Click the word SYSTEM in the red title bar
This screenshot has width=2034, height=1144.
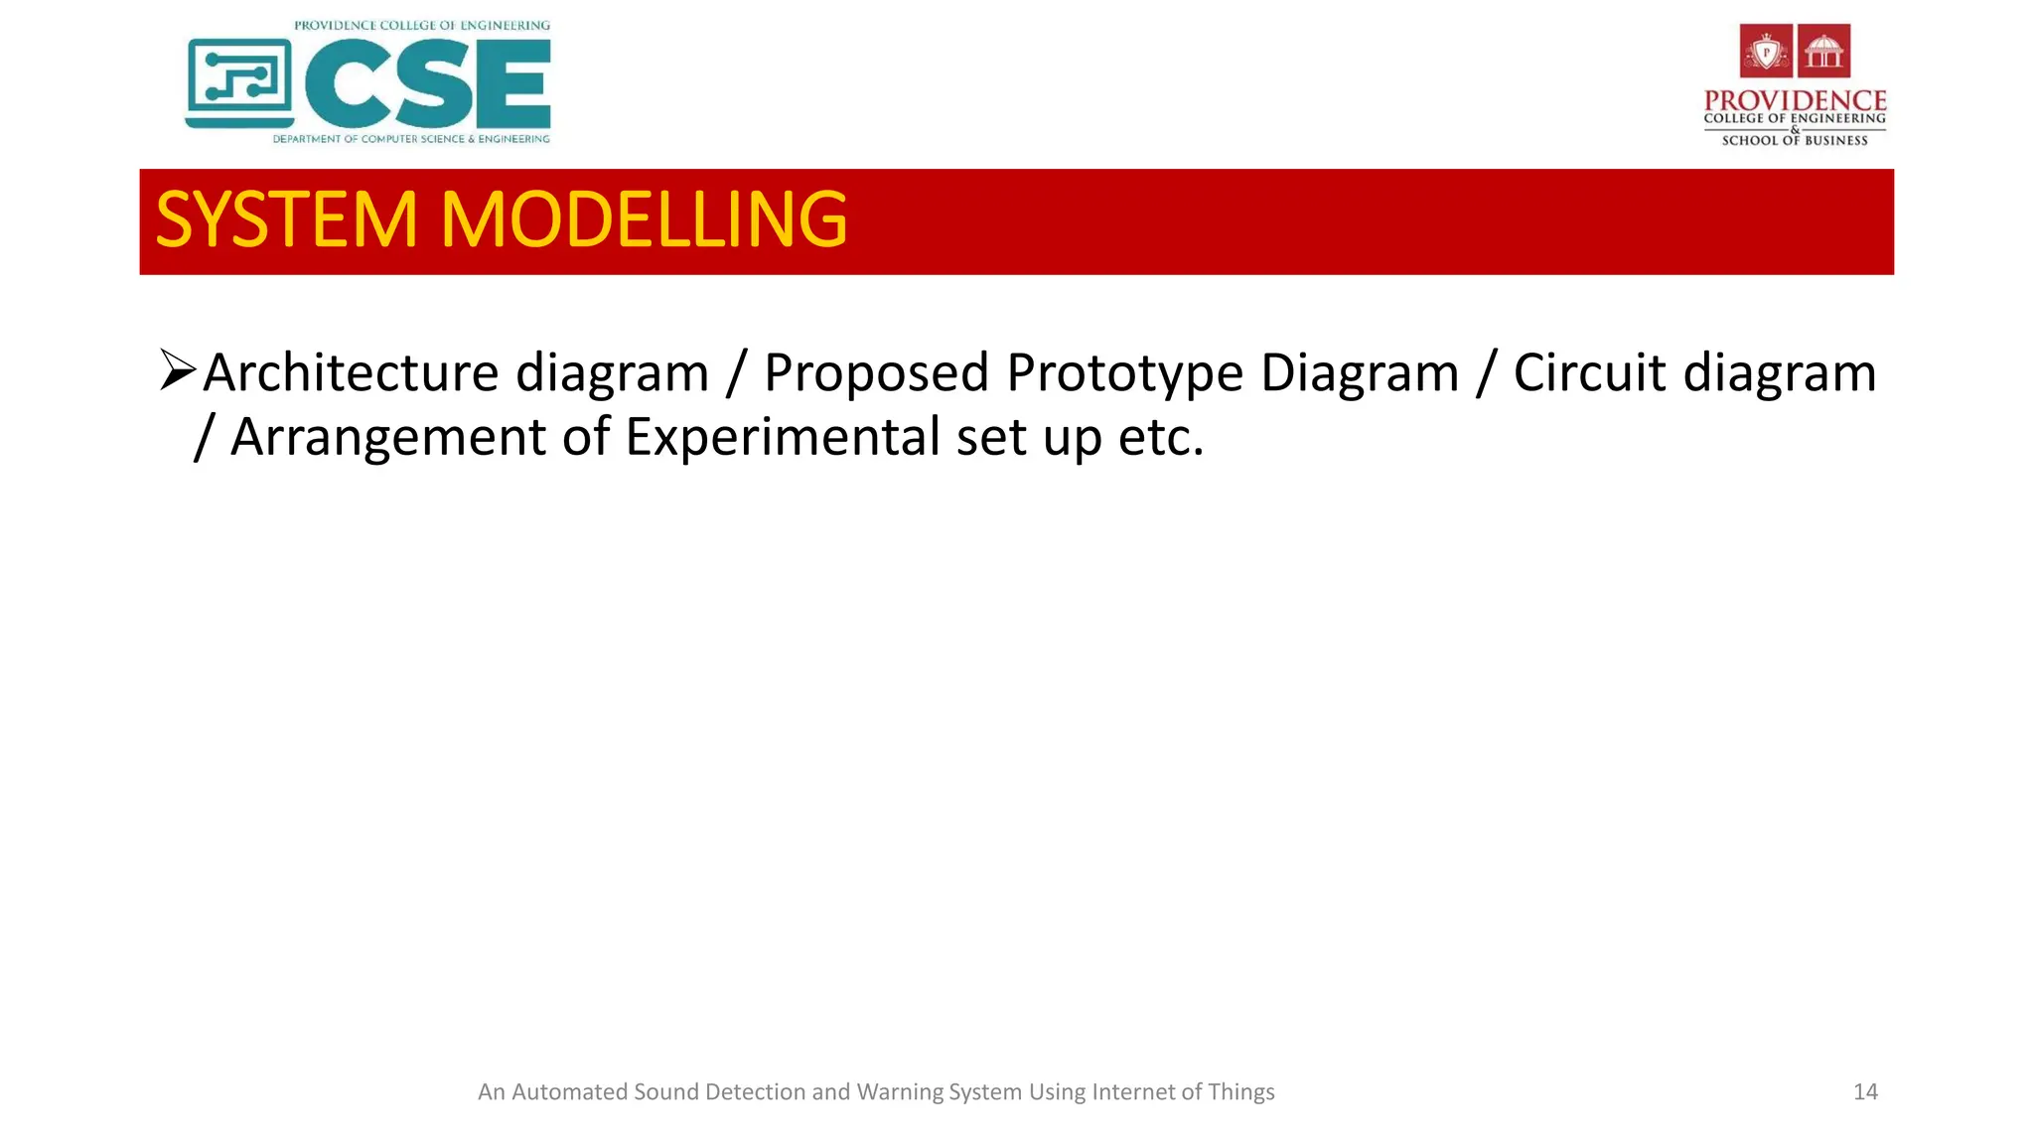(x=286, y=219)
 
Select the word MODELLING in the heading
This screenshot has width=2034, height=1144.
(x=644, y=219)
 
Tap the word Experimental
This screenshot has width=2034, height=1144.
(x=783, y=437)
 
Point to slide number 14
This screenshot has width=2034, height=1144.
(x=1865, y=1092)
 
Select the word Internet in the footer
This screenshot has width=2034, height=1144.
(x=1133, y=1092)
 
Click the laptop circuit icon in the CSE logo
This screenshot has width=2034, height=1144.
(x=239, y=83)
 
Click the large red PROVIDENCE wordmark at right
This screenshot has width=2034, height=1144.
(x=1795, y=101)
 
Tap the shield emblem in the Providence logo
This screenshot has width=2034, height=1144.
(x=1766, y=51)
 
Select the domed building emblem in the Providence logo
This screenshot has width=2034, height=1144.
(x=1824, y=51)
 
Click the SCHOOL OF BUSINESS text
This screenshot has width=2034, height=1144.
(x=1795, y=141)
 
